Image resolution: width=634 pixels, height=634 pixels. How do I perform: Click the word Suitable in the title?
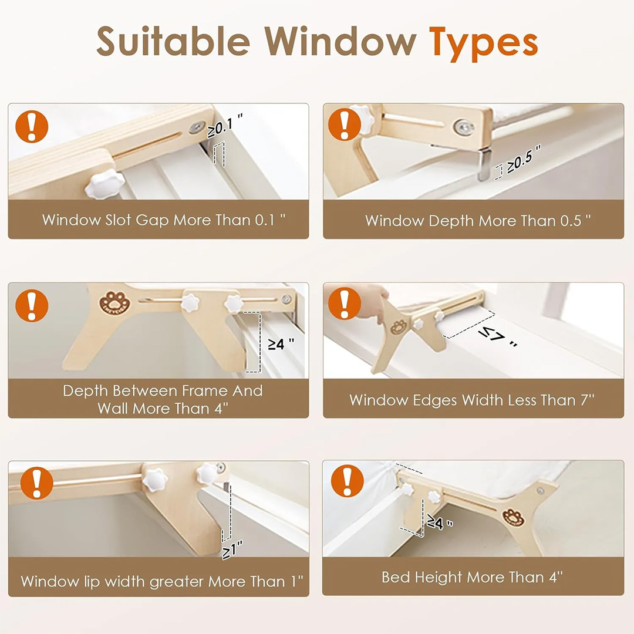(x=173, y=41)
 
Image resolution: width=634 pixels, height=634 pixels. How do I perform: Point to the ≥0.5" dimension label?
(x=524, y=158)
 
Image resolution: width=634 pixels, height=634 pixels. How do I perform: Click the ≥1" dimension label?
(x=232, y=549)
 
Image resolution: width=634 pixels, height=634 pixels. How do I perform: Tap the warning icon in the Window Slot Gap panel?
(x=32, y=127)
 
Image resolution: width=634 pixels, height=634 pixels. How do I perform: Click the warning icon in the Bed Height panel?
(x=347, y=480)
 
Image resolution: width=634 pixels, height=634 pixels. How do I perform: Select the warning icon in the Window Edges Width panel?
(x=344, y=303)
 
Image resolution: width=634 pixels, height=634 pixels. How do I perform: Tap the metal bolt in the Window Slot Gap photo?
(x=197, y=128)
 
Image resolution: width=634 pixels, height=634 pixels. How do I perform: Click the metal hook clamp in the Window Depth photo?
(x=484, y=163)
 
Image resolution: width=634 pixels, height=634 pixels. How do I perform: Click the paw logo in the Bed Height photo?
(x=513, y=517)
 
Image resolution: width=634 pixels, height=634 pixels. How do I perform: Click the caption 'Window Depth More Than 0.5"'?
(x=478, y=221)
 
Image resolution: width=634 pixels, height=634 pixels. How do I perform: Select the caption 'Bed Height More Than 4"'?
(x=472, y=577)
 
